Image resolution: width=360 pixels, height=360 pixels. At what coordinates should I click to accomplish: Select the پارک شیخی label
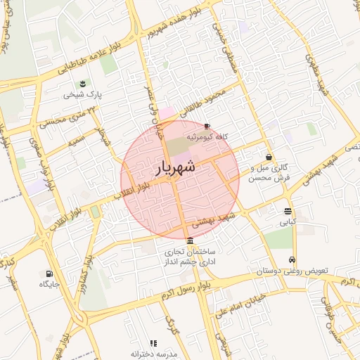click(83, 94)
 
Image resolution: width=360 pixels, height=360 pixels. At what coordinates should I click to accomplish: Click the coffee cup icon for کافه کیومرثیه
click(206, 126)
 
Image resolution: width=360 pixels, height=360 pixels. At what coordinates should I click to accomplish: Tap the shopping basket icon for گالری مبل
click(269, 157)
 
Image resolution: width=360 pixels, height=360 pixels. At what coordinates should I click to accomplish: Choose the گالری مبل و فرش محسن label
click(270, 174)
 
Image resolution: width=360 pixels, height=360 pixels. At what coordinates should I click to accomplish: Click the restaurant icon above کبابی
click(288, 211)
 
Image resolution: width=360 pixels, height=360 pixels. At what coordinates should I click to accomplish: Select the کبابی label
click(288, 222)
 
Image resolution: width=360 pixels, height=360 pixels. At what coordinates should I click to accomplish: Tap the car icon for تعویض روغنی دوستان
click(292, 259)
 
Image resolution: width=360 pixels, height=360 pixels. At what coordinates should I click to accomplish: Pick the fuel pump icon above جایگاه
click(49, 274)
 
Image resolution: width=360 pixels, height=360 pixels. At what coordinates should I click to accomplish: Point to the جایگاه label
click(49, 284)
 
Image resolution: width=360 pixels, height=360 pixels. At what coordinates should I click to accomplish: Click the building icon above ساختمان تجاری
click(190, 240)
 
